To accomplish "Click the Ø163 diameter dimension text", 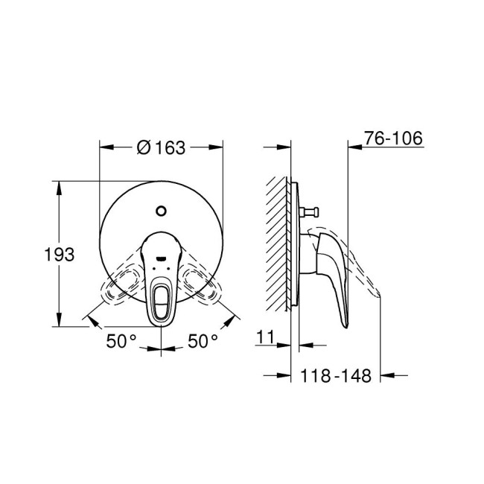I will click(x=161, y=147).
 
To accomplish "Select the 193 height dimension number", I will click(x=60, y=255).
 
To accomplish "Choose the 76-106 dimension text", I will click(x=394, y=138).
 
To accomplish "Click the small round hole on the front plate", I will click(x=162, y=210).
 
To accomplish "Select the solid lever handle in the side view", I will click(x=334, y=276).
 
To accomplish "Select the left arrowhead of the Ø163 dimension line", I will click(x=105, y=147).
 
